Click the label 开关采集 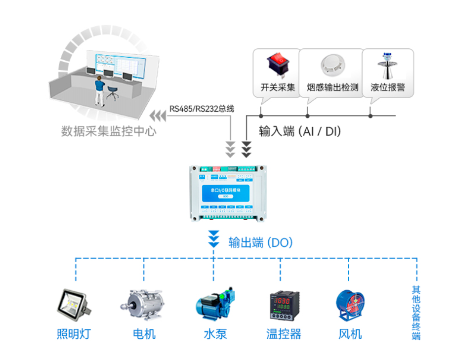click(x=278, y=88)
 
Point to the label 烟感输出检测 click(x=332, y=88)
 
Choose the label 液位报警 click(x=388, y=88)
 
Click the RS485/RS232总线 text click(x=202, y=109)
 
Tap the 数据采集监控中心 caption click(x=109, y=131)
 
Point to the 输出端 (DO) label click(x=260, y=242)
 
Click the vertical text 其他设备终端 click(x=416, y=313)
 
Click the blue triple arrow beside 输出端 click(x=213, y=239)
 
